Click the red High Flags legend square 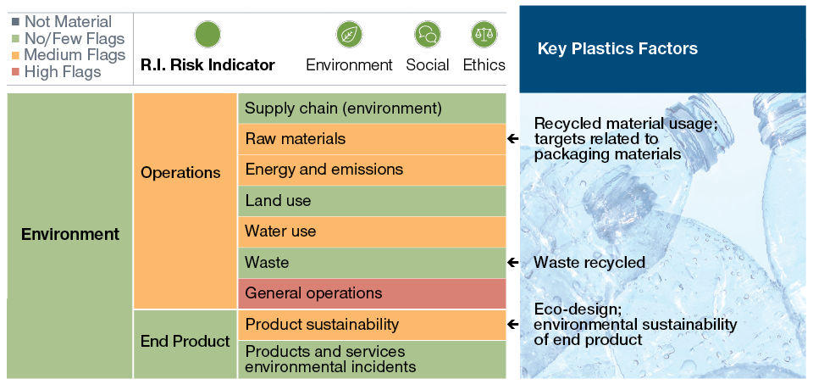point(15,72)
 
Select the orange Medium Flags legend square point(15,55)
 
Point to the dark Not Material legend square point(15,22)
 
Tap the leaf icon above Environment point(349,35)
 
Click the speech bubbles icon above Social point(427,35)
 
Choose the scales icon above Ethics point(484,35)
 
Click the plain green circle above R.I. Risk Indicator point(207,35)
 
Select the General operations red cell point(372,293)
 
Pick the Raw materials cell point(372,139)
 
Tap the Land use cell point(372,201)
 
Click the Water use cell point(372,231)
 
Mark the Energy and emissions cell point(372,170)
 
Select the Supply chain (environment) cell point(372,108)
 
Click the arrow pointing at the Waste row point(513,263)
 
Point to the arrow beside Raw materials point(513,139)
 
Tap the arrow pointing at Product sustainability point(513,325)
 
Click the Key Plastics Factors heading point(617,49)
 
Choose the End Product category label point(185,342)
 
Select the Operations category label point(180,173)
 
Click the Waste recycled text point(589,263)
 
